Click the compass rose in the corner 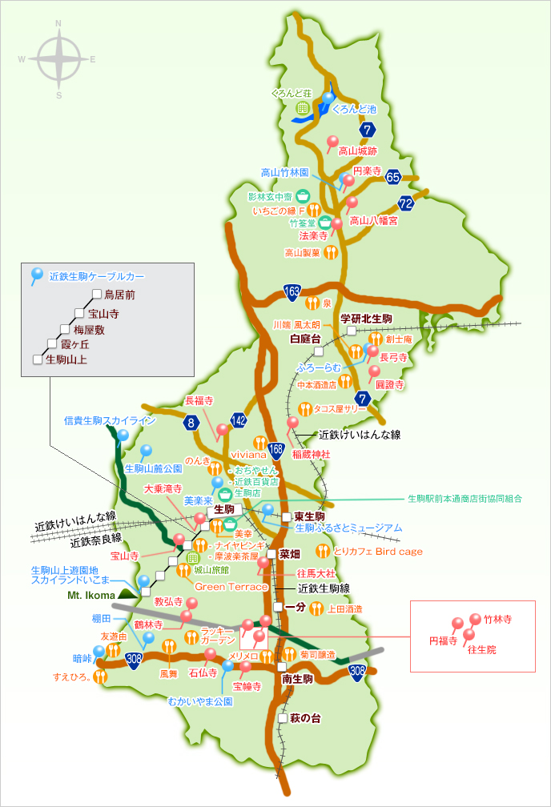58,58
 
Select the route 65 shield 392,177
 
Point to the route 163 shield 291,291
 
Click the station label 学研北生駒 366,318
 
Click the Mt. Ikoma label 89,595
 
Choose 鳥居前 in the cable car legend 119,294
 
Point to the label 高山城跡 357,150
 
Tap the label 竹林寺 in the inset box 497,619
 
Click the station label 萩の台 305,718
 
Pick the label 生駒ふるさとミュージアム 348,528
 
